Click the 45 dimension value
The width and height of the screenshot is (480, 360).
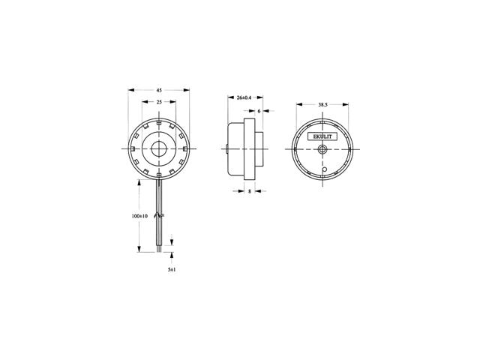[x=159, y=90]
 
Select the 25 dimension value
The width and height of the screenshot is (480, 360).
[x=159, y=102]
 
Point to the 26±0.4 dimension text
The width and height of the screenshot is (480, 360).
[x=244, y=97]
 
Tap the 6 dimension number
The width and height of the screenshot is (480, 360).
[x=259, y=111]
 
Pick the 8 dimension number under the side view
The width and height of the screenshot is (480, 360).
[x=250, y=191]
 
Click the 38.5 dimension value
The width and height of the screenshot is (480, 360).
[x=322, y=105]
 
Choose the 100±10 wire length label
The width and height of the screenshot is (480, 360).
[x=139, y=216]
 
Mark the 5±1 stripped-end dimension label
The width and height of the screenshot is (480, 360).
[x=172, y=270]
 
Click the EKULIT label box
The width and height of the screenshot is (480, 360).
[x=322, y=136]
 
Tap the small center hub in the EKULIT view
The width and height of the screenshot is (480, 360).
[x=322, y=149]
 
